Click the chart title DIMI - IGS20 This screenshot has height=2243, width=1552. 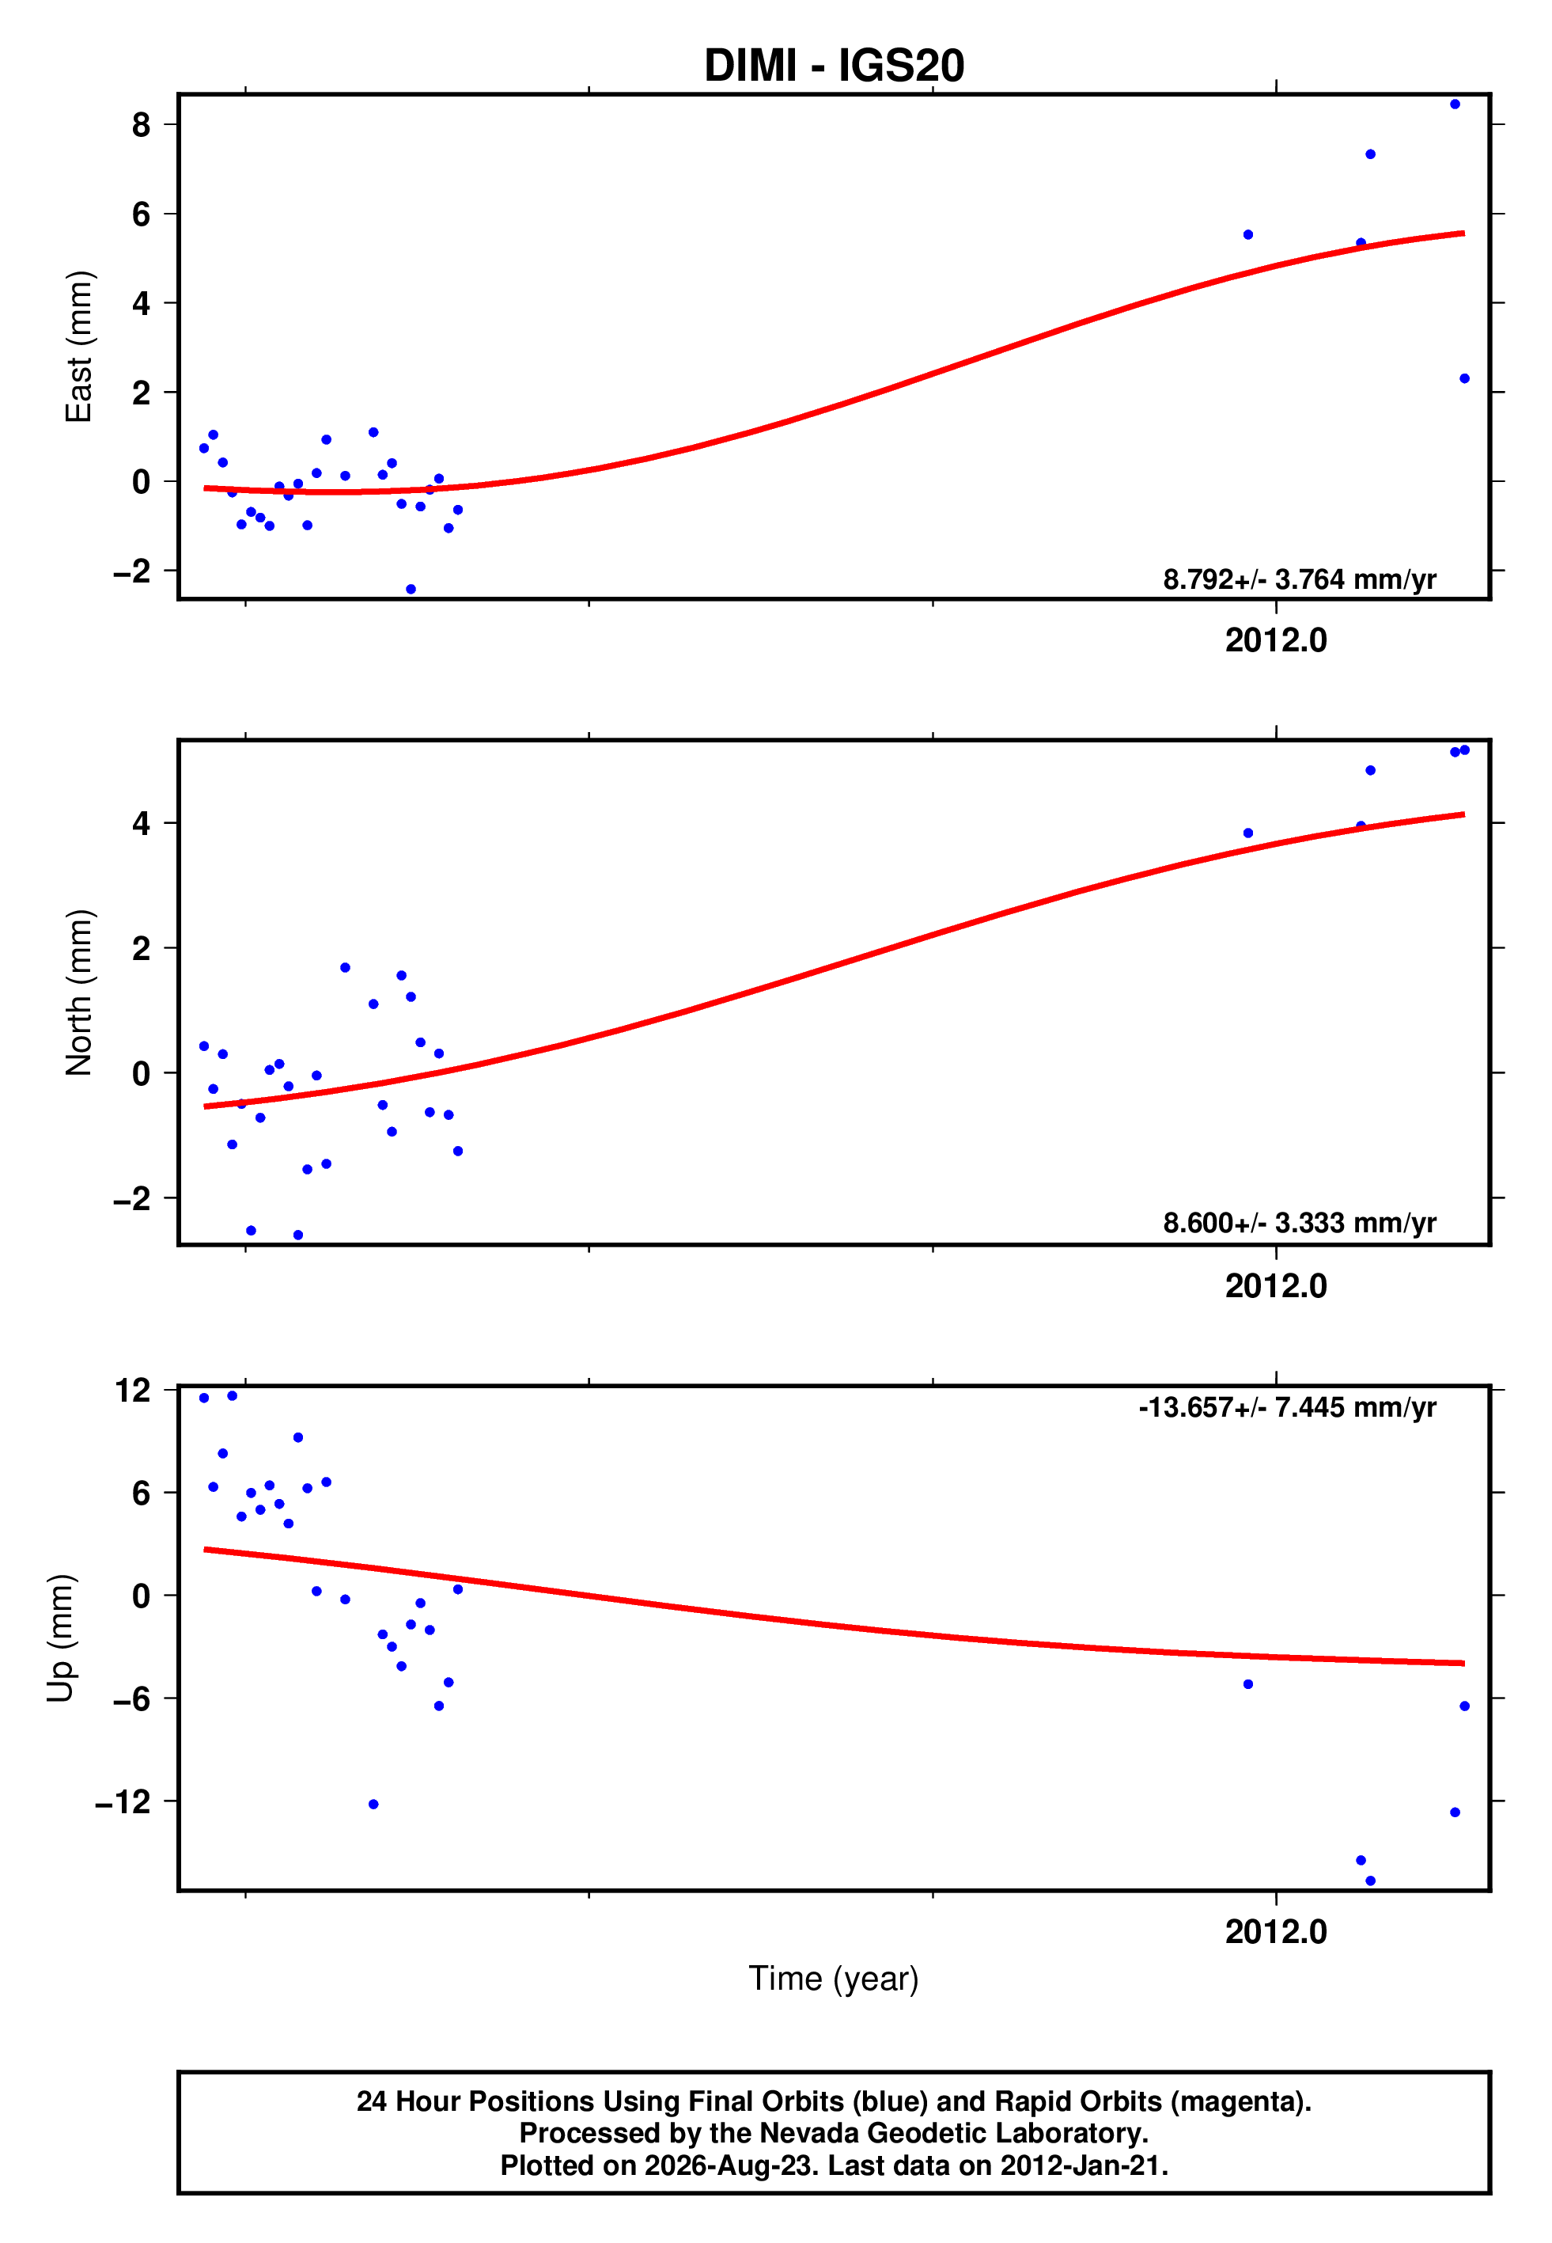click(834, 66)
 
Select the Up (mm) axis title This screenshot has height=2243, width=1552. click(60, 1638)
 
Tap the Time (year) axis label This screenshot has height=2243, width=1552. click(834, 1979)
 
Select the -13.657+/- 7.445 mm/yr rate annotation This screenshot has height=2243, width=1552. click(1288, 1407)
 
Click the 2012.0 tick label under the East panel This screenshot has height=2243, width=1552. click(1276, 640)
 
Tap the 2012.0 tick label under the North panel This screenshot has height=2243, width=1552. click(1276, 1286)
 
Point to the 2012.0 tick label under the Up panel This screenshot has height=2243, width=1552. click(1276, 1931)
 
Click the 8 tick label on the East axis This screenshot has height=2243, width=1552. click(142, 124)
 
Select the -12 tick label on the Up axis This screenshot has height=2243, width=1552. click(123, 1801)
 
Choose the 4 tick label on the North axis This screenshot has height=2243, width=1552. click(142, 823)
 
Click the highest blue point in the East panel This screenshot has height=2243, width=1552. click(1455, 104)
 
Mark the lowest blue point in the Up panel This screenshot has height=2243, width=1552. click(1370, 1881)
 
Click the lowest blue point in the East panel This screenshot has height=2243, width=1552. click(411, 590)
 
